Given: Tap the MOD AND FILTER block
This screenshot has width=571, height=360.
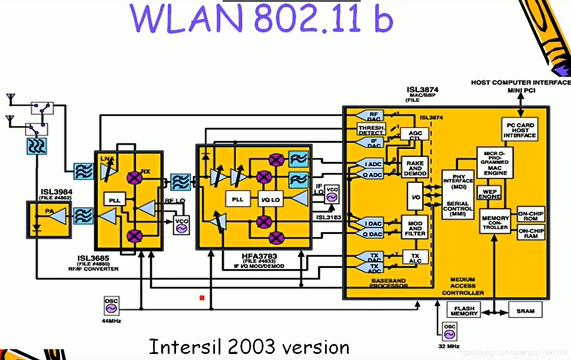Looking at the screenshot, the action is [x=415, y=228].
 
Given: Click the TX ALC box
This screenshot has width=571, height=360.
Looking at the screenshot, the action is [x=415, y=257].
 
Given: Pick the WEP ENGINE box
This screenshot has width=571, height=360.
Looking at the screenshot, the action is [x=489, y=194].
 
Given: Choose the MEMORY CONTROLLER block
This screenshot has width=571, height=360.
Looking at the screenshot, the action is [x=495, y=222].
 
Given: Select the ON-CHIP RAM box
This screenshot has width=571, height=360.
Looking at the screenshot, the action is [x=531, y=233].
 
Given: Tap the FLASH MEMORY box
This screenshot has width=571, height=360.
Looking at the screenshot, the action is [x=464, y=311].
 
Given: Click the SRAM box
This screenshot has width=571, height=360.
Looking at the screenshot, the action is [x=525, y=311].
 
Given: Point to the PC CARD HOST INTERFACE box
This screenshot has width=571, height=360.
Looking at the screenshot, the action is [x=519, y=130].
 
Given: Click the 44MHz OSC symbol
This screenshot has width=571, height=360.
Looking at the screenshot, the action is [x=111, y=306].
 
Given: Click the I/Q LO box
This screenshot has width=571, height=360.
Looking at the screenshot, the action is [x=270, y=199].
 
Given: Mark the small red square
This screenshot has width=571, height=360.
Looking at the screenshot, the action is [x=202, y=298].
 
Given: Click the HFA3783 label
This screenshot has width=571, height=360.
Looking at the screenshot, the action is [x=253, y=255].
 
